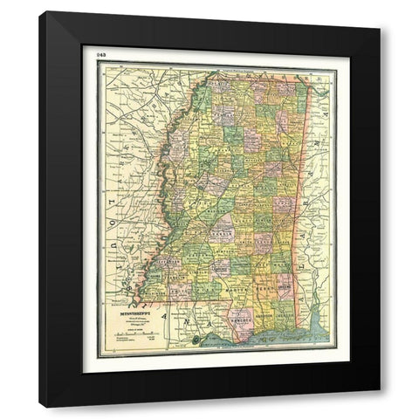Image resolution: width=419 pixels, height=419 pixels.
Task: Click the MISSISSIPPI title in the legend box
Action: pyautogui.click(x=128, y=307)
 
